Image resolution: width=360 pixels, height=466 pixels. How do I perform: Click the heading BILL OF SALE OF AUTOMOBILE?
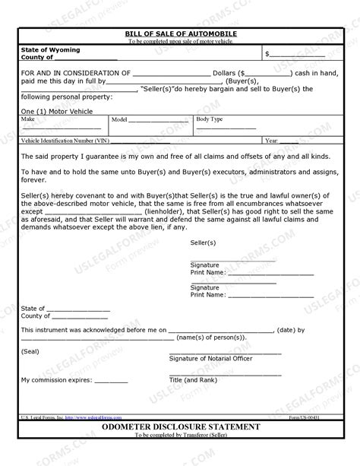point(181,34)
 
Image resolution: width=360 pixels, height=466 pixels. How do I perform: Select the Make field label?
point(29,119)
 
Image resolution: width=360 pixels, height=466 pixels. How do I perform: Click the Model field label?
point(119,120)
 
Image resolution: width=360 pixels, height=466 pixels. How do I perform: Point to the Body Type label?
point(210,119)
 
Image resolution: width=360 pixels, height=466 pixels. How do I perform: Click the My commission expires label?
point(57,379)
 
